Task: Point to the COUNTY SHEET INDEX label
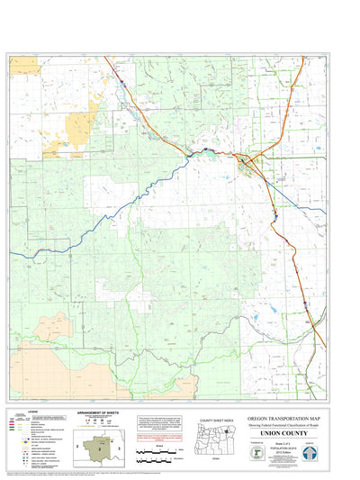[215, 420]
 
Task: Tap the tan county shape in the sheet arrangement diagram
[101, 442]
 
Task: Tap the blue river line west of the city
[135, 195]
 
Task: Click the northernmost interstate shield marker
[117, 81]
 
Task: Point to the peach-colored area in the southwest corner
[54, 329]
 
